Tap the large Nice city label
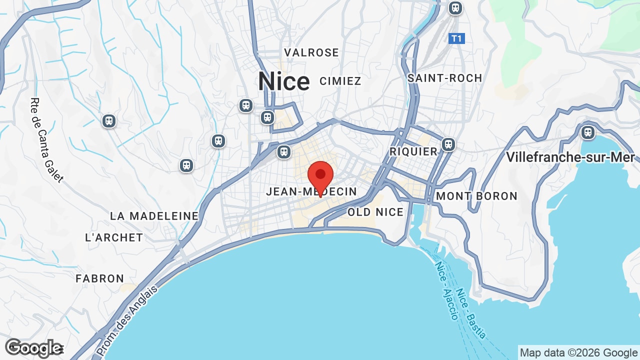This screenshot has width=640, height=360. coord(283,81)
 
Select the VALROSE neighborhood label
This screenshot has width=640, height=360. coord(311,52)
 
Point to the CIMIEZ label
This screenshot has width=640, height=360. coord(340,81)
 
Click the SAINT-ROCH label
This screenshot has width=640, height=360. coord(444,78)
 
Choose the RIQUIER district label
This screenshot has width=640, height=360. coord(413,151)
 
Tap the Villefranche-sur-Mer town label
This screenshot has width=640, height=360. coord(570,157)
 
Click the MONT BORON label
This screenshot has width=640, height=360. coord(476,196)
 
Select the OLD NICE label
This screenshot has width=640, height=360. coord(375,212)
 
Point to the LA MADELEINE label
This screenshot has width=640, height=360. coord(154,216)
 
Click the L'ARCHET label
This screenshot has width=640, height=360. coord(114,237)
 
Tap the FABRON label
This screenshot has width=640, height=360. coord(99,278)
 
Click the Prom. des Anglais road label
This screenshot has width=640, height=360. coord(127,320)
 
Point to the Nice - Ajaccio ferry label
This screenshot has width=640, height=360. coord(446,290)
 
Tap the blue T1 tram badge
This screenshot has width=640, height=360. coord(456,38)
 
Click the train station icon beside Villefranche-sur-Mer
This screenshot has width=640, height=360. coord(587,132)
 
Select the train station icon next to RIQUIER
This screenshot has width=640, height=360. coord(448,144)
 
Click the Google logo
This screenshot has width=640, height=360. coord(33,348)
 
